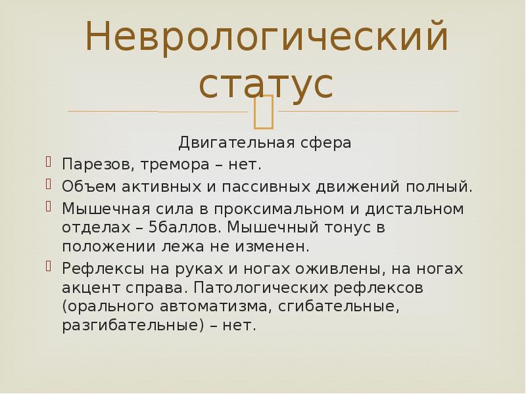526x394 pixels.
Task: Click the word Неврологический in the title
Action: coord(266,37)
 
